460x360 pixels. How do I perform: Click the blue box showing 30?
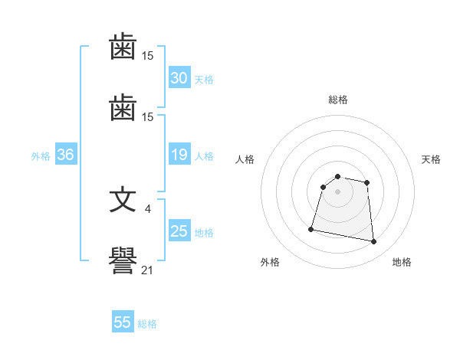(179, 77)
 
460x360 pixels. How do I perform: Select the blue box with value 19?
(179, 154)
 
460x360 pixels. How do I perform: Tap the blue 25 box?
(179, 230)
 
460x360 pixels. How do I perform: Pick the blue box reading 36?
(66, 154)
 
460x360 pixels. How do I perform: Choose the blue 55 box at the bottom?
(123, 321)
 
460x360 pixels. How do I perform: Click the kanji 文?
(123, 201)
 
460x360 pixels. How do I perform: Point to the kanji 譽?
(123, 260)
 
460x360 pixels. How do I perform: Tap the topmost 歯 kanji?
(123, 46)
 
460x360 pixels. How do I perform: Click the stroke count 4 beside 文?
(147, 209)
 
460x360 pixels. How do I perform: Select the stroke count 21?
(147, 270)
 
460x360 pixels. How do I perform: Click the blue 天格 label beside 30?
(204, 80)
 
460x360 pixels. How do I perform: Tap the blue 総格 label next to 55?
(147, 324)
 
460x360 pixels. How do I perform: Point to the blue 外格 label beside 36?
(41, 156)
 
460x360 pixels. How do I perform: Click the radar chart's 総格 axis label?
(338, 100)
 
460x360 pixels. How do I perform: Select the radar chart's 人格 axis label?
(245, 159)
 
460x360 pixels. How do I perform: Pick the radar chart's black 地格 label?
(402, 262)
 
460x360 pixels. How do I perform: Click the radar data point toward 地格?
(373, 241)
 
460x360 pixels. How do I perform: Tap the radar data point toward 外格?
(311, 229)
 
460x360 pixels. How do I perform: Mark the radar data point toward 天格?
(366, 183)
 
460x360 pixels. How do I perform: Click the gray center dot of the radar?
(337, 191)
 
